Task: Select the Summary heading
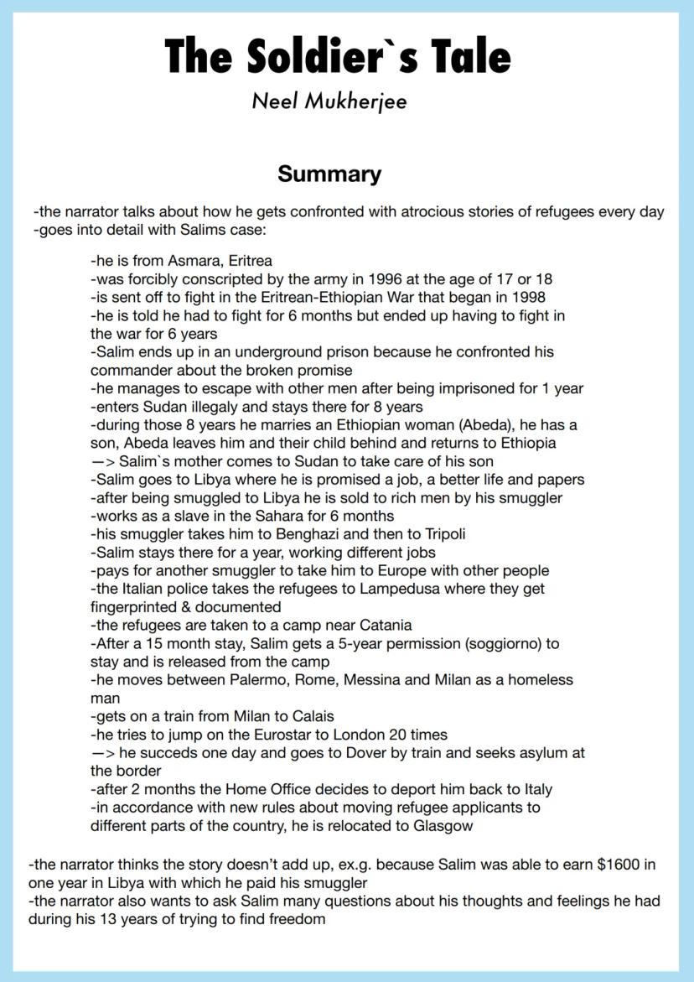point(329,174)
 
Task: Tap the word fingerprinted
point(130,607)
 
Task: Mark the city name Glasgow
point(442,825)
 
